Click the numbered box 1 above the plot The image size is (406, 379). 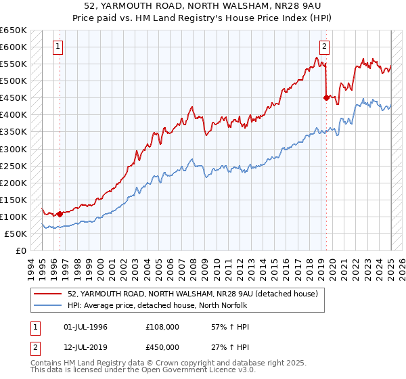(58, 47)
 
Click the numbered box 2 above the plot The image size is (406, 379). (325, 47)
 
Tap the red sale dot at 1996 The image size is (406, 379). (60, 214)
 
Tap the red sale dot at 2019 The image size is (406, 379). (326, 97)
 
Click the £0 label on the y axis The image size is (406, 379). (20, 250)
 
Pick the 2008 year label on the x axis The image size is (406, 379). (194, 267)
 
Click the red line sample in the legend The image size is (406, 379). (48, 293)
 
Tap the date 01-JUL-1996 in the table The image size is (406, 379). (85, 327)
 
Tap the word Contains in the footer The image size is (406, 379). (47, 363)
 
